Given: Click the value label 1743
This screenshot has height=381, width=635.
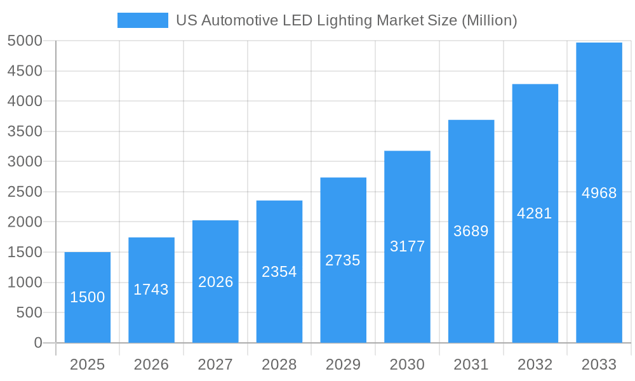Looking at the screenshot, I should [151, 290].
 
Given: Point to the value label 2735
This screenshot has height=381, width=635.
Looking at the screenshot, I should [343, 260].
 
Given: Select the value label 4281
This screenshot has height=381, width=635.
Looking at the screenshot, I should [535, 213].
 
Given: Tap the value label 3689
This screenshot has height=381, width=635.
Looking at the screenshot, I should [471, 231].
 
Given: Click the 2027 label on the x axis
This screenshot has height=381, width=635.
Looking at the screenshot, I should [215, 364].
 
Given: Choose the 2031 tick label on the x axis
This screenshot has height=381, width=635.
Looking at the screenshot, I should [471, 364].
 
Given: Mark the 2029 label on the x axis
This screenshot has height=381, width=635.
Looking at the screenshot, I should [343, 364].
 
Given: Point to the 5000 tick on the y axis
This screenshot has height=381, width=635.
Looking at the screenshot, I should [25, 41].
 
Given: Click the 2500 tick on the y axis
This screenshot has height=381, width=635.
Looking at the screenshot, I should [25, 192].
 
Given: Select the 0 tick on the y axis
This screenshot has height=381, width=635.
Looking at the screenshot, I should [37, 343].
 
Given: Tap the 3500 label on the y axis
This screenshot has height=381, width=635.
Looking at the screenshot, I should [25, 131].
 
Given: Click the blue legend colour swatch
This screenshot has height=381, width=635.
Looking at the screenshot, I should [143, 20].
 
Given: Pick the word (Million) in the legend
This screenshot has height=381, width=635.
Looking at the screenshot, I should [490, 20].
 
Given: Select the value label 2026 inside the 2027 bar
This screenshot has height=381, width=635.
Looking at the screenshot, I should [216, 282].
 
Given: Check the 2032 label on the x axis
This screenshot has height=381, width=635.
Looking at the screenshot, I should [535, 364].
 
